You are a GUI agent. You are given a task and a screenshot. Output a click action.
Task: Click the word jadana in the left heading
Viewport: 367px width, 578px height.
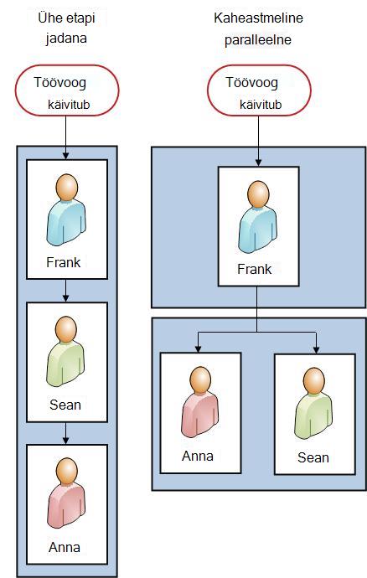coord(66,39)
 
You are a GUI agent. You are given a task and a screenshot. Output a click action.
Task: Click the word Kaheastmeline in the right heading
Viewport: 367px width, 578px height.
coord(258,18)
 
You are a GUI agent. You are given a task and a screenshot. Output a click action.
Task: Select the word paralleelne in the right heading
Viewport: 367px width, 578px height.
coord(258,40)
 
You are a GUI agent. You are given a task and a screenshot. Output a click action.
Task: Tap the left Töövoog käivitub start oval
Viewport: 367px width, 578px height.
coord(67,90)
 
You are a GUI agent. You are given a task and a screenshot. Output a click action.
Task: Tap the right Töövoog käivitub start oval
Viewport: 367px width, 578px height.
coord(259,90)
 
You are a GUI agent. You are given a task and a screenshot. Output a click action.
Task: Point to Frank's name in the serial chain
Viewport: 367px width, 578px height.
coord(64,262)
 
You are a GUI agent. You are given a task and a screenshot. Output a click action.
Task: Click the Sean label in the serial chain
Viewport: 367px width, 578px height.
coord(65,405)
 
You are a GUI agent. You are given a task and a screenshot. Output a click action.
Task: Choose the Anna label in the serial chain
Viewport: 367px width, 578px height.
coord(65,547)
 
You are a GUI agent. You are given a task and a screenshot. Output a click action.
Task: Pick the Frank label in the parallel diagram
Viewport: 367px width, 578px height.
coord(254,269)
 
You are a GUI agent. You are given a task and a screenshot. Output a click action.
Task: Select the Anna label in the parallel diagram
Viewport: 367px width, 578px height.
coord(198,456)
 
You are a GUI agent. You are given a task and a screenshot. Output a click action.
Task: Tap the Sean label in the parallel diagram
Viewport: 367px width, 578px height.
coord(313,457)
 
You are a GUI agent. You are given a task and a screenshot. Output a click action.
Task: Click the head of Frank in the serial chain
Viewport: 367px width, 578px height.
coord(67,187)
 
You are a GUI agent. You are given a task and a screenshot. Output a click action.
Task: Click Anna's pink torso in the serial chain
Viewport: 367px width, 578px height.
coord(66,506)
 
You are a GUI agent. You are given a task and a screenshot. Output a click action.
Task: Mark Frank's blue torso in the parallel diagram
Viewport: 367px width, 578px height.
coord(258,230)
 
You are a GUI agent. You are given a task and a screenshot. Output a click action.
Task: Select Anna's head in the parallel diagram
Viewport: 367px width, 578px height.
coord(200,379)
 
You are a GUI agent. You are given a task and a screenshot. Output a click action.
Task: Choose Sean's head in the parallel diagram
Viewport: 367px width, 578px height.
coord(314,380)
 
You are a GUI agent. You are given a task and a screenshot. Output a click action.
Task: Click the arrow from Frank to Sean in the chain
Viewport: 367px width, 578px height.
coord(65,291)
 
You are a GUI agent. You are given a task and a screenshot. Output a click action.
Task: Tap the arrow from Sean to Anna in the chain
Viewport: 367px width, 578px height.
coord(65,433)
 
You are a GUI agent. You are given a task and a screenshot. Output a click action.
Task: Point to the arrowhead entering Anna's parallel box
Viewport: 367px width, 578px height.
coord(198,348)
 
